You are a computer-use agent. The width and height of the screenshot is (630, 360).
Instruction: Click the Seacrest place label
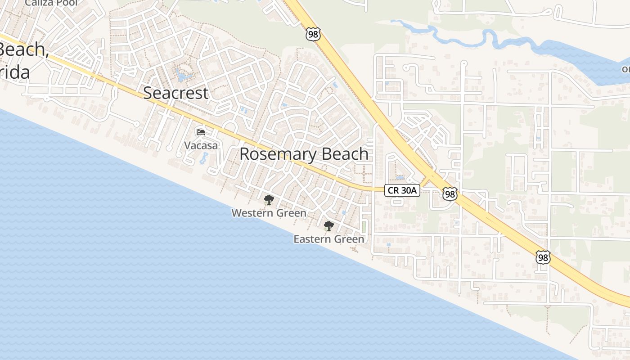(176, 93)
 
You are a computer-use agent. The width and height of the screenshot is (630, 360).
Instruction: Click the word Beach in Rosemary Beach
(343, 154)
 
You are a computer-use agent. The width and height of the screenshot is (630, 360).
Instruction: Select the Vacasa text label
(201, 145)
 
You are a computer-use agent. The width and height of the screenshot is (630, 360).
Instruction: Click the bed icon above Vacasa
(201, 132)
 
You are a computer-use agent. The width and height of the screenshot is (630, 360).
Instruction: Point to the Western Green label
(269, 213)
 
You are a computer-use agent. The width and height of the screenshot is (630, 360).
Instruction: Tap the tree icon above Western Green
(269, 199)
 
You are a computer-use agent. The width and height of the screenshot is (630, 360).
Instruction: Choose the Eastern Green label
(328, 239)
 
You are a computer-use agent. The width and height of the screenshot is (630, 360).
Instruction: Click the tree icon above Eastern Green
(328, 225)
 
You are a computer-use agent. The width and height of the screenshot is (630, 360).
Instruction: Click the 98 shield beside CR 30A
(450, 194)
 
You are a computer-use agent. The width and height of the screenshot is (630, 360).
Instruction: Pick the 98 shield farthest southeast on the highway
(543, 257)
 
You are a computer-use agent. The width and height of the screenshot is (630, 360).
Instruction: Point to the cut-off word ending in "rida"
(15, 72)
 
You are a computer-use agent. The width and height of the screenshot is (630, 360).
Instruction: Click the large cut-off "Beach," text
(23, 49)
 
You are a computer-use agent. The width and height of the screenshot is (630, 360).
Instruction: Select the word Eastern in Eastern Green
(311, 239)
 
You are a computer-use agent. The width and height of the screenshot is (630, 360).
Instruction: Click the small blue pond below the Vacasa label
(204, 158)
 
